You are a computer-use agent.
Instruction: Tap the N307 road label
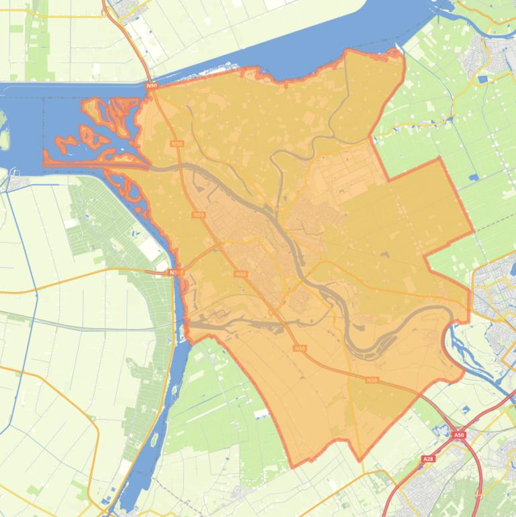[175, 272]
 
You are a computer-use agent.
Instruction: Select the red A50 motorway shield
[458, 435]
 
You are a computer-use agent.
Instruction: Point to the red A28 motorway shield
[428, 459]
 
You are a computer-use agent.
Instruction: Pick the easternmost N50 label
[372, 380]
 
